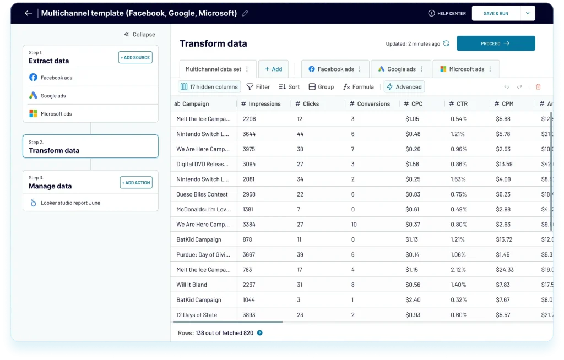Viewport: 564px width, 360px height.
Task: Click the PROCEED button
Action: (x=496, y=43)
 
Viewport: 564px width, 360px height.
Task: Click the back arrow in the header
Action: (x=29, y=13)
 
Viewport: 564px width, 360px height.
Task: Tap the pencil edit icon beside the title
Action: (x=245, y=13)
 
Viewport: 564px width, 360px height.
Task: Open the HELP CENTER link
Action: (x=447, y=13)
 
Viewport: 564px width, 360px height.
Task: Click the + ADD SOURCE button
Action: (x=135, y=57)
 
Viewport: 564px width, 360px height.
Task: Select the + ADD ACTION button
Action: (x=136, y=183)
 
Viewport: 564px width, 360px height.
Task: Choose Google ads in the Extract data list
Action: (x=53, y=96)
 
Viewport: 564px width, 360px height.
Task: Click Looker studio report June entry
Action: (x=70, y=203)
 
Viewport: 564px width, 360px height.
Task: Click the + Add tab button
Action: (x=273, y=69)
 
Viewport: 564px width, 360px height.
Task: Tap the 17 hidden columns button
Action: (x=209, y=87)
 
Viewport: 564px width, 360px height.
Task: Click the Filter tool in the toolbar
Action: (x=258, y=87)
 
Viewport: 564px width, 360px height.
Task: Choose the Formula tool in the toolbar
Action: (x=358, y=87)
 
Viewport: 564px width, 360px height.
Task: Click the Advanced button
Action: (x=404, y=87)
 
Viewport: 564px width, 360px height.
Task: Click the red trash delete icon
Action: (x=538, y=87)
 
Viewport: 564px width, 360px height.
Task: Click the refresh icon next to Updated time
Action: (x=446, y=43)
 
